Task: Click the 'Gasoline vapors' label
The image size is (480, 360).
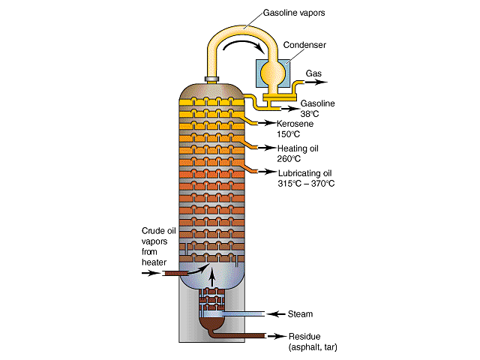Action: click(294, 13)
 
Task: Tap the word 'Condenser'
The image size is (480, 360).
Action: click(304, 45)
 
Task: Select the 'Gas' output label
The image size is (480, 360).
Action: click(313, 73)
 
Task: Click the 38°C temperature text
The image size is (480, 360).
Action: click(310, 114)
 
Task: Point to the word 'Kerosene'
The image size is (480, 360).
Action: click(295, 124)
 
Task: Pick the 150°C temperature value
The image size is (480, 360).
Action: click(288, 134)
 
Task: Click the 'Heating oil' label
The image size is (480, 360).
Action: click(298, 148)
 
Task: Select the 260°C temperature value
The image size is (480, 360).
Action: click(289, 159)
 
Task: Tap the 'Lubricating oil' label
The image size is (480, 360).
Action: click(305, 173)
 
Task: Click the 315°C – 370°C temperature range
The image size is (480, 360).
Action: click(306, 184)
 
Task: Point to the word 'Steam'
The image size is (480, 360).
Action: click(300, 314)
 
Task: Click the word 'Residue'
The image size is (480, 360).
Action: click(304, 337)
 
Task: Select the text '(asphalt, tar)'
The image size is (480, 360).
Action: click(313, 347)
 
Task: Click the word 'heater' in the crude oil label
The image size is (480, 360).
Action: click(154, 262)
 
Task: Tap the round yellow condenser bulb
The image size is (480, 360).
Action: click(273, 73)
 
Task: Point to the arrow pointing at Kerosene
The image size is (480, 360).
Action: click(267, 123)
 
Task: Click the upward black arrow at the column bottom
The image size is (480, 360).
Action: click(211, 276)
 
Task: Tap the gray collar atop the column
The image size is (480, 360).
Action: click(211, 79)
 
